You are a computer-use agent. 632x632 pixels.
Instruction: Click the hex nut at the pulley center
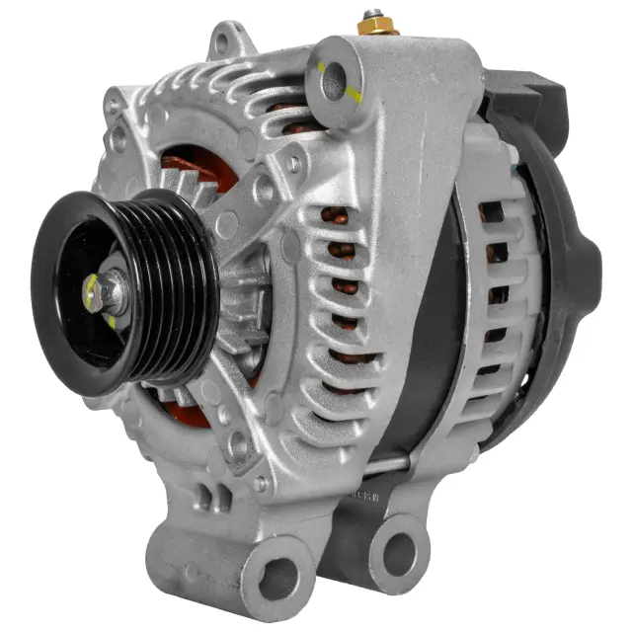111,292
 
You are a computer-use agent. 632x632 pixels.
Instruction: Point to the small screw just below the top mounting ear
294,164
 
